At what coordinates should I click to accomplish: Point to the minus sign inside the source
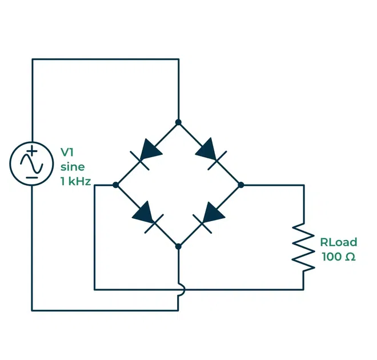(x=32, y=177)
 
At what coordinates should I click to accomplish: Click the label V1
(x=67, y=153)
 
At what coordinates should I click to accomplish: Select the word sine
(x=73, y=167)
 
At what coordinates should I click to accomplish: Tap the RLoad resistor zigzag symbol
(x=303, y=247)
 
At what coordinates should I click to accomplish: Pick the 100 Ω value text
(x=339, y=257)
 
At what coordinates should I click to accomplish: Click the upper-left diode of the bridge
(x=147, y=153)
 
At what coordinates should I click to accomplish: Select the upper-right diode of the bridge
(x=210, y=153)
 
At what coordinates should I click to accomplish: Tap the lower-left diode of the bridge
(x=147, y=216)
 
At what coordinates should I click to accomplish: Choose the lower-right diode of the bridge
(x=210, y=216)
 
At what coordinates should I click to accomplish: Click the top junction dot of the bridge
(x=178, y=122)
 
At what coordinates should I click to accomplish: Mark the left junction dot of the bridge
(x=116, y=185)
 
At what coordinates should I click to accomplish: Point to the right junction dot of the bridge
(x=240, y=185)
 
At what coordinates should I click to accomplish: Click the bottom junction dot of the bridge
(x=178, y=247)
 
